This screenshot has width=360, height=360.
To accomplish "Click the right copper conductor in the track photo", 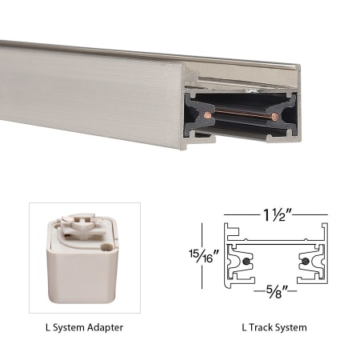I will (274, 118).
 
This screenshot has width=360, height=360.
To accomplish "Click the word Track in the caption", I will (262, 327).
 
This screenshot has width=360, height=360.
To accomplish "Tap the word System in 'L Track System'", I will (290, 327).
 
